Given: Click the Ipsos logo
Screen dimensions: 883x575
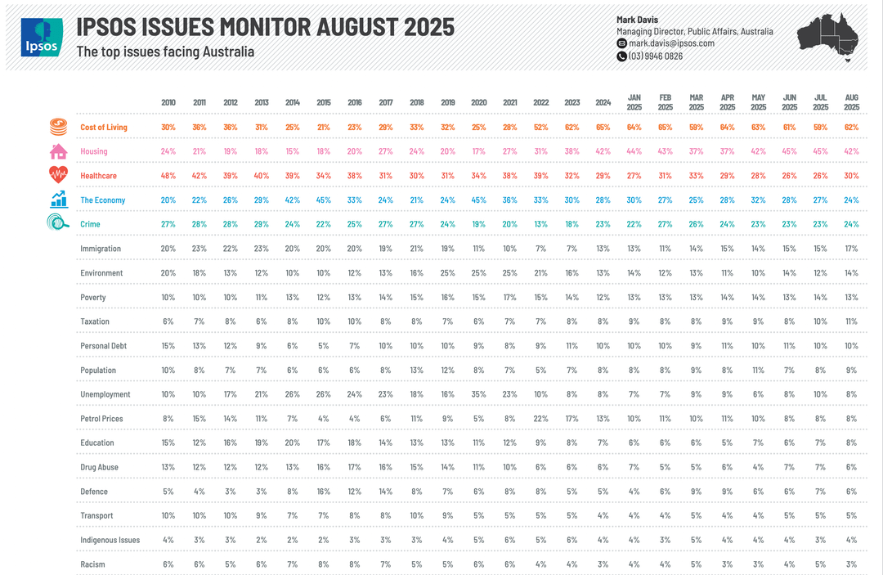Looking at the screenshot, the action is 42,37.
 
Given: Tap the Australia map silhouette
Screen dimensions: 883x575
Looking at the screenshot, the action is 827,37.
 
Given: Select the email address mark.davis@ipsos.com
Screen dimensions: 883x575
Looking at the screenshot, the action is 671,43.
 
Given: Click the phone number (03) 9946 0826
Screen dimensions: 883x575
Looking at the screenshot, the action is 655,56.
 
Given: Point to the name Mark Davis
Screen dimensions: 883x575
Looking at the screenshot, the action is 637,20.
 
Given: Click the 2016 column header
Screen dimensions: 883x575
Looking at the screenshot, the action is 355,102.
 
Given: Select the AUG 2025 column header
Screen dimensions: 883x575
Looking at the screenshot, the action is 851,102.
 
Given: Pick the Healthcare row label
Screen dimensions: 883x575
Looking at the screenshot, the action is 99,176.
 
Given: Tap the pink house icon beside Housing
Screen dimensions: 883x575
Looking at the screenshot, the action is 59,151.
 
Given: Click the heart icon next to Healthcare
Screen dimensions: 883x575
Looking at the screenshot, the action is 59,174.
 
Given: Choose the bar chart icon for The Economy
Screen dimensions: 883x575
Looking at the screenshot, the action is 59,200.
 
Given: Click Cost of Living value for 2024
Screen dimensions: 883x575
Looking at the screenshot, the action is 603,128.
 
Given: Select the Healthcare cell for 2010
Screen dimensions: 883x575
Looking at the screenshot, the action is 168,176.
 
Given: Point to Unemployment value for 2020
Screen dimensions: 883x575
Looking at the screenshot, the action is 478,394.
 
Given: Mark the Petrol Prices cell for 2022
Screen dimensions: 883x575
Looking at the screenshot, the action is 540,419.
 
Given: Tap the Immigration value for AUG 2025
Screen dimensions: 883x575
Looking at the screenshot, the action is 851,249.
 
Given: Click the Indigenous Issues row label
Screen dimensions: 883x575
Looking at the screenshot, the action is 110,540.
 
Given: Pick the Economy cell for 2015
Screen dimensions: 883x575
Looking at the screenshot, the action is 323,200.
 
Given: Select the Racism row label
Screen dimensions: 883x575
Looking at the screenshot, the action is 92,564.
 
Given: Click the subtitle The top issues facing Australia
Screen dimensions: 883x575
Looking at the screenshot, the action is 165,52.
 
